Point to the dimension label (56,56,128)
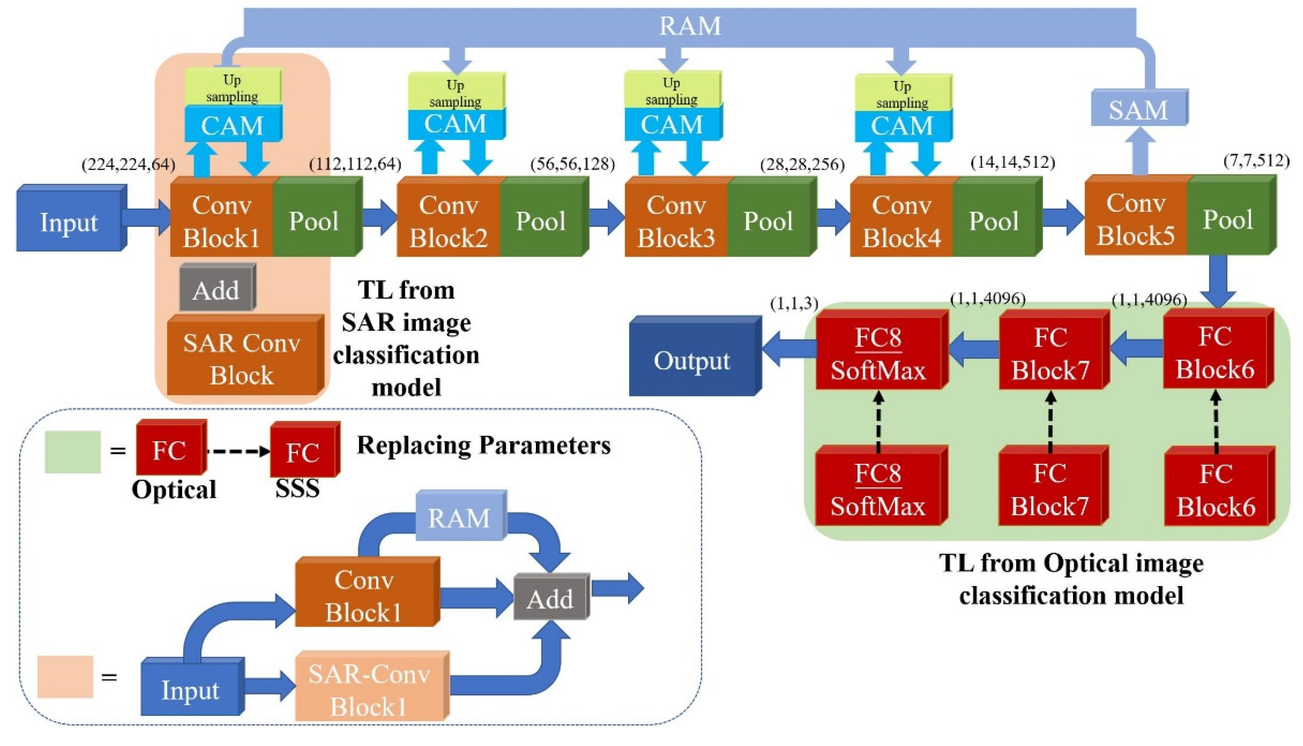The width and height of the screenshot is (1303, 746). pyautogui.click(x=572, y=164)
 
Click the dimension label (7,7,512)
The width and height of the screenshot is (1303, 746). pyautogui.click(x=1256, y=161)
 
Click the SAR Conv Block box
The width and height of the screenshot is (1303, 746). pyautogui.click(x=242, y=359)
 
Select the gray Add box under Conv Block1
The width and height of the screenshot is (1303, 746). pyautogui.click(x=216, y=290)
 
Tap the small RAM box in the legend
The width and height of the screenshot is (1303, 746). pyautogui.click(x=459, y=518)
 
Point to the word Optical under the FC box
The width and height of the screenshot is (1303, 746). pyautogui.click(x=174, y=489)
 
